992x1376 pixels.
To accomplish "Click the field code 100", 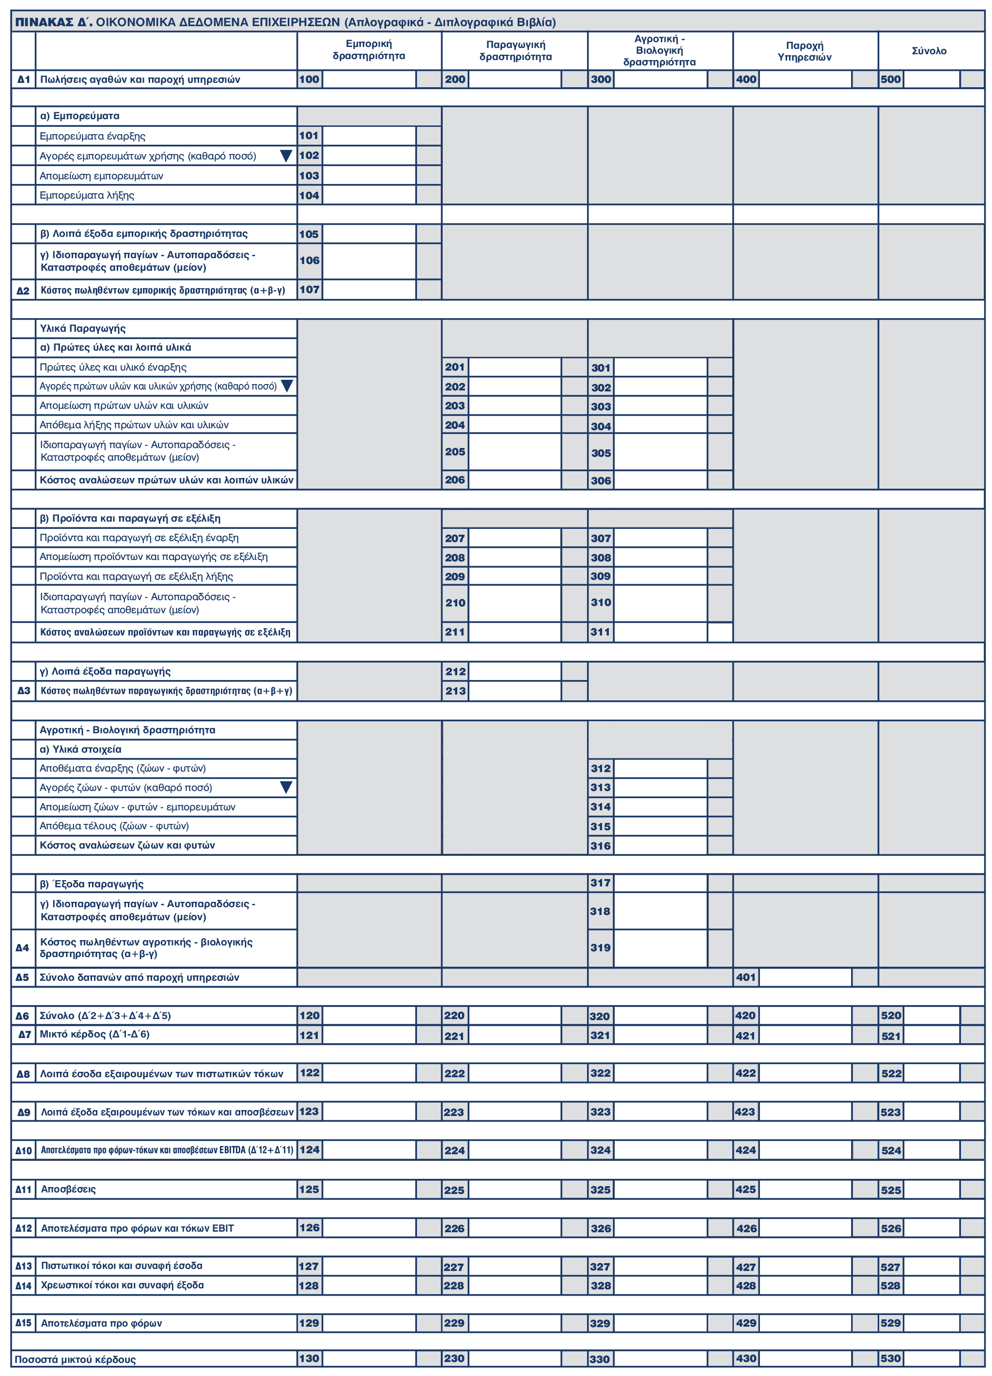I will coord(310,79).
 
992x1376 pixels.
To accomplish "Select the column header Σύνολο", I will coord(929,51).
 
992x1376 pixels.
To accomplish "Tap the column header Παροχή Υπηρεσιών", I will coord(805,51).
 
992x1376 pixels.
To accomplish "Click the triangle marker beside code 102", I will coord(286,156).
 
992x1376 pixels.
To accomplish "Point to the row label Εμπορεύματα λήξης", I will coord(87,195).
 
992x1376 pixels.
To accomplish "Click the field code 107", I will coord(310,290).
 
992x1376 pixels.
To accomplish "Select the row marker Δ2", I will coord(23,291).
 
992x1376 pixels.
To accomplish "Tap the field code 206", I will coord(455,480).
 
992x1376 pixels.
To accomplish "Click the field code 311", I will coord(601,632).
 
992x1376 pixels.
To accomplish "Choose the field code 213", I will coord(455,691).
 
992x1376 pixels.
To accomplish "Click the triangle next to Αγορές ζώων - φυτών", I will coord(286,788).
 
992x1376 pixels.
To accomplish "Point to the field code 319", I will coord(601,948).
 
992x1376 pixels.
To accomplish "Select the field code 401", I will coord(745,977).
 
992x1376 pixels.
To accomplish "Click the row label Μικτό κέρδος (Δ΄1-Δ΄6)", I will coord(94,1035).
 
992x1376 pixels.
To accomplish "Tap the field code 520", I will coord(891,1016).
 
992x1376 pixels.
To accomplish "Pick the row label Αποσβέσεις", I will coord(68,1189).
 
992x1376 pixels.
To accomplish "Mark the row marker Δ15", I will coord(23,1323).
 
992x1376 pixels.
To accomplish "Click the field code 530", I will coord(891,1359).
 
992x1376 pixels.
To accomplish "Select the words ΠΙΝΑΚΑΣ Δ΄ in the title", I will coord(53,22).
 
